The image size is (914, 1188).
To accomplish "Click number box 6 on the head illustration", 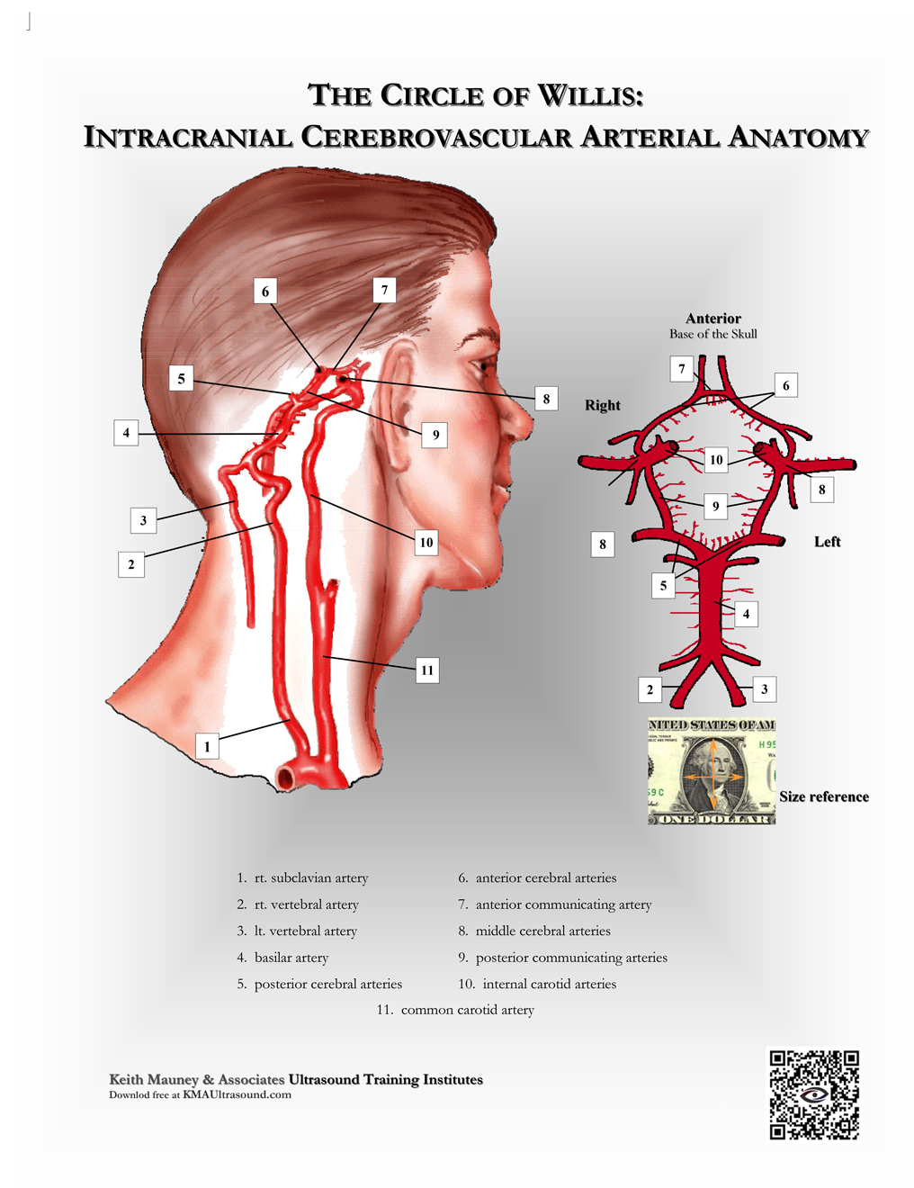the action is tap(265, 291).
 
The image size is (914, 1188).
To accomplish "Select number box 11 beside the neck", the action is tap(427, 670).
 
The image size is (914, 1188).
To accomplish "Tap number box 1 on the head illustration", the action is tap(207, 746).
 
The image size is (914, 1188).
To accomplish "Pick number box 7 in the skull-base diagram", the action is tap(682, 368).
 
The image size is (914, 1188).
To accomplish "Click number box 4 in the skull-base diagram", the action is tap(746, 614).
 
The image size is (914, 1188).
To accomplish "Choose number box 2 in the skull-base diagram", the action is tap(650, 690).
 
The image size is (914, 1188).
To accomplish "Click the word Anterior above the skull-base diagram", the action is tap(712, 319).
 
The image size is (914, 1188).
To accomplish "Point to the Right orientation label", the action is tap(602, 405).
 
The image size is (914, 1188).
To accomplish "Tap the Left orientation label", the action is tap(827, 542).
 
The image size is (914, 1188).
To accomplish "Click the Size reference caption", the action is tap(823, 796).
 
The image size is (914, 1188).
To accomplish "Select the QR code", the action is tap(814, 1094).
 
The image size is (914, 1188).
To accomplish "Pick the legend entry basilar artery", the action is tap(291, 958).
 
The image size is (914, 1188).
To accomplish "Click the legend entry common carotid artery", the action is tap(467, 1010).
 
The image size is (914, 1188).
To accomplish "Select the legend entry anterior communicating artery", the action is tap(563, 904).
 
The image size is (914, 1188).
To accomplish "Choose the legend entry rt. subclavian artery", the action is tap(311, 877).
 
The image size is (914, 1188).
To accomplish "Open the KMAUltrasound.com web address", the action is tap(237, 1095).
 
